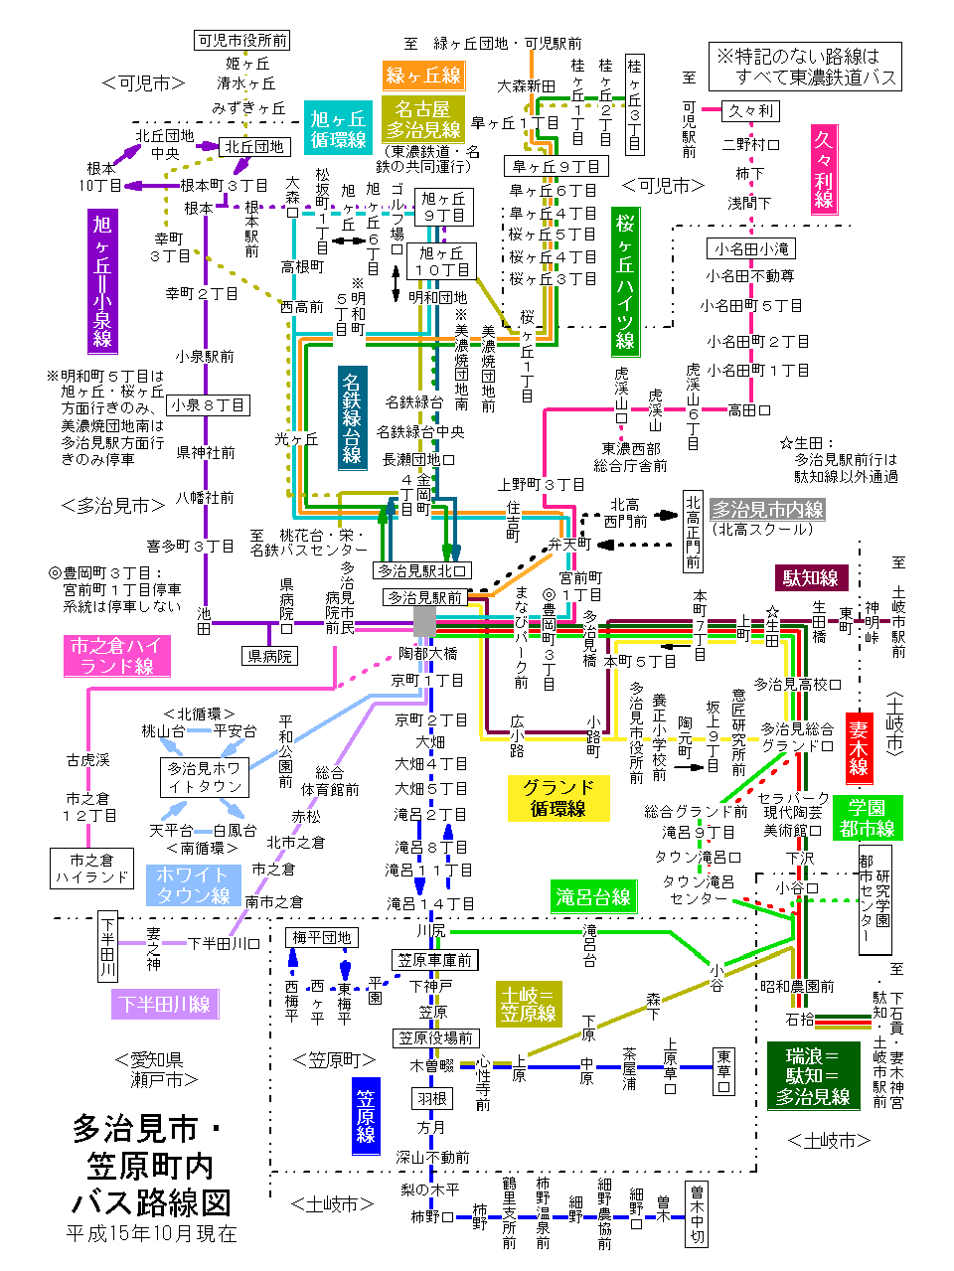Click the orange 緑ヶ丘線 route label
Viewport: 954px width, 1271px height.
[424, 76]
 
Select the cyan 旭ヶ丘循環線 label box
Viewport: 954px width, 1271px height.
[338, 129]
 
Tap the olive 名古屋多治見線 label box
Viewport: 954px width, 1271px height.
[423, 119]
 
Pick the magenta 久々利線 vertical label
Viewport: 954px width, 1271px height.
[824, 169]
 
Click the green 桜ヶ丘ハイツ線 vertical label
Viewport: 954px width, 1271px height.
[625, 282]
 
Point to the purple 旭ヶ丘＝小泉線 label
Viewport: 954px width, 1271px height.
[102, 281]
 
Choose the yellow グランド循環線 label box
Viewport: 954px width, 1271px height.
[557, 798]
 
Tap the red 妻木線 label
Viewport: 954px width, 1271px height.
[859, 748]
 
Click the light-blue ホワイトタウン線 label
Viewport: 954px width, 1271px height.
[193, 884]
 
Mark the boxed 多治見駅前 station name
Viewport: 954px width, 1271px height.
[425, 597]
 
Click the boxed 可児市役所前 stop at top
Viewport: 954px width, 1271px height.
[241, 40]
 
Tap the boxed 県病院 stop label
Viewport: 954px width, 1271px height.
[269, 656]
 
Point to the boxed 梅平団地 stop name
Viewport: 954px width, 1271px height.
[321, 937]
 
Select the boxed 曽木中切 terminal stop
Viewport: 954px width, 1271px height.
[697, 1213]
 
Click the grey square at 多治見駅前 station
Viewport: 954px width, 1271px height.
[424, 621]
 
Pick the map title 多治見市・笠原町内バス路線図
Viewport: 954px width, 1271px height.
[150, 1165]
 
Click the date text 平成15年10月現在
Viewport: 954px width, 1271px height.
[151, 1234]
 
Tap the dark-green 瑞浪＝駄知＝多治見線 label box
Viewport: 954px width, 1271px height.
[813, 1076]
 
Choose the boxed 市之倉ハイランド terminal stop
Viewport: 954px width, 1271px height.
[91, 869]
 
